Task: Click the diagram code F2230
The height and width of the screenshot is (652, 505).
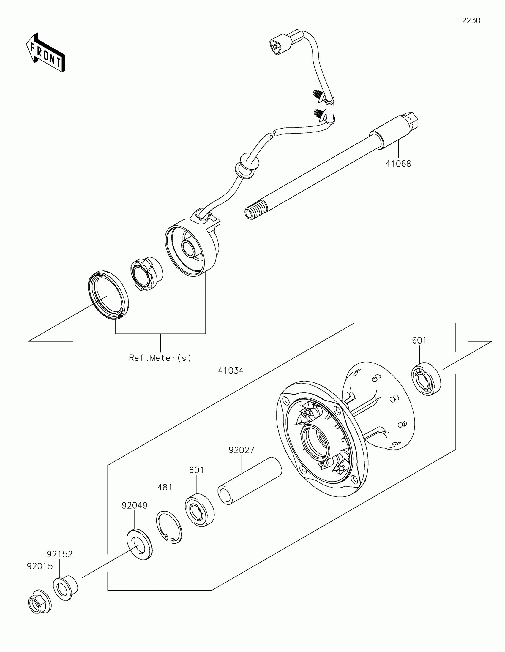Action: click(x=468, y=20)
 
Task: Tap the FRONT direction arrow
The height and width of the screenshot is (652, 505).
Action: click(x=45, y=53)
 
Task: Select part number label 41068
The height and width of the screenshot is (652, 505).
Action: click(x=398, y=164)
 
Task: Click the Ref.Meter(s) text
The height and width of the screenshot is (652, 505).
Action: click(x=160, y=358)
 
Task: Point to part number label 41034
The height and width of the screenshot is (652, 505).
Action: click(x=231, y=371)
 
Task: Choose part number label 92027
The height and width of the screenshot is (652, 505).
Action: click(x=242, y=450)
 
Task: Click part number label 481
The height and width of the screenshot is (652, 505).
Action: click(x=165, y=487)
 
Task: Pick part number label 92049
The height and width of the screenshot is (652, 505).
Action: click(x=134, y=505)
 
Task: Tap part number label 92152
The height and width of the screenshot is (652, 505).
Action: click(x=60, y=554)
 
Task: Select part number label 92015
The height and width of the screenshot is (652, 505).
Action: click(x=40, y=566)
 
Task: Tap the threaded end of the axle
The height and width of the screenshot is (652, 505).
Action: click(x=256, y=210)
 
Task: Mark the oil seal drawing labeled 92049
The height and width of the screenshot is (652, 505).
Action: click(x=139, y=544)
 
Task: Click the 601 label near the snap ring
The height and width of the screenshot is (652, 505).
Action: click(x=197, y=470)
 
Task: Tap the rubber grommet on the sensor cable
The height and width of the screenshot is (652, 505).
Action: click(x=247, y=166)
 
